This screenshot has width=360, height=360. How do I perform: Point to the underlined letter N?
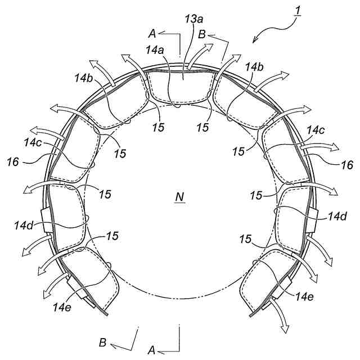(179, 196)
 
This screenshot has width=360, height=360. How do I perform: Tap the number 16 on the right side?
(347, 165)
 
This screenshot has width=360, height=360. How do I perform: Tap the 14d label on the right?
(337, 215)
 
